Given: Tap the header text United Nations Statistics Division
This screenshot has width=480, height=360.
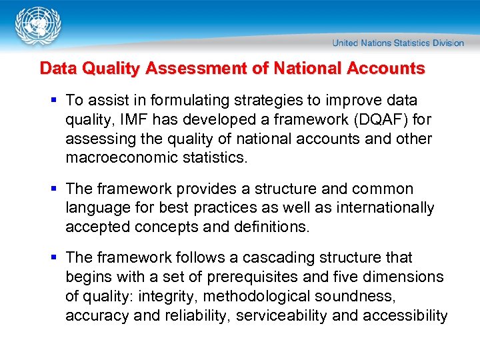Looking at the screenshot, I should click(x=398, y=43).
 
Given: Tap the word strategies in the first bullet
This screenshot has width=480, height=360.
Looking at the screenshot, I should click(x=245, y=101).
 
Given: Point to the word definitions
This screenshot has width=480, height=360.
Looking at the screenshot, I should click(x=273, y=227).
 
